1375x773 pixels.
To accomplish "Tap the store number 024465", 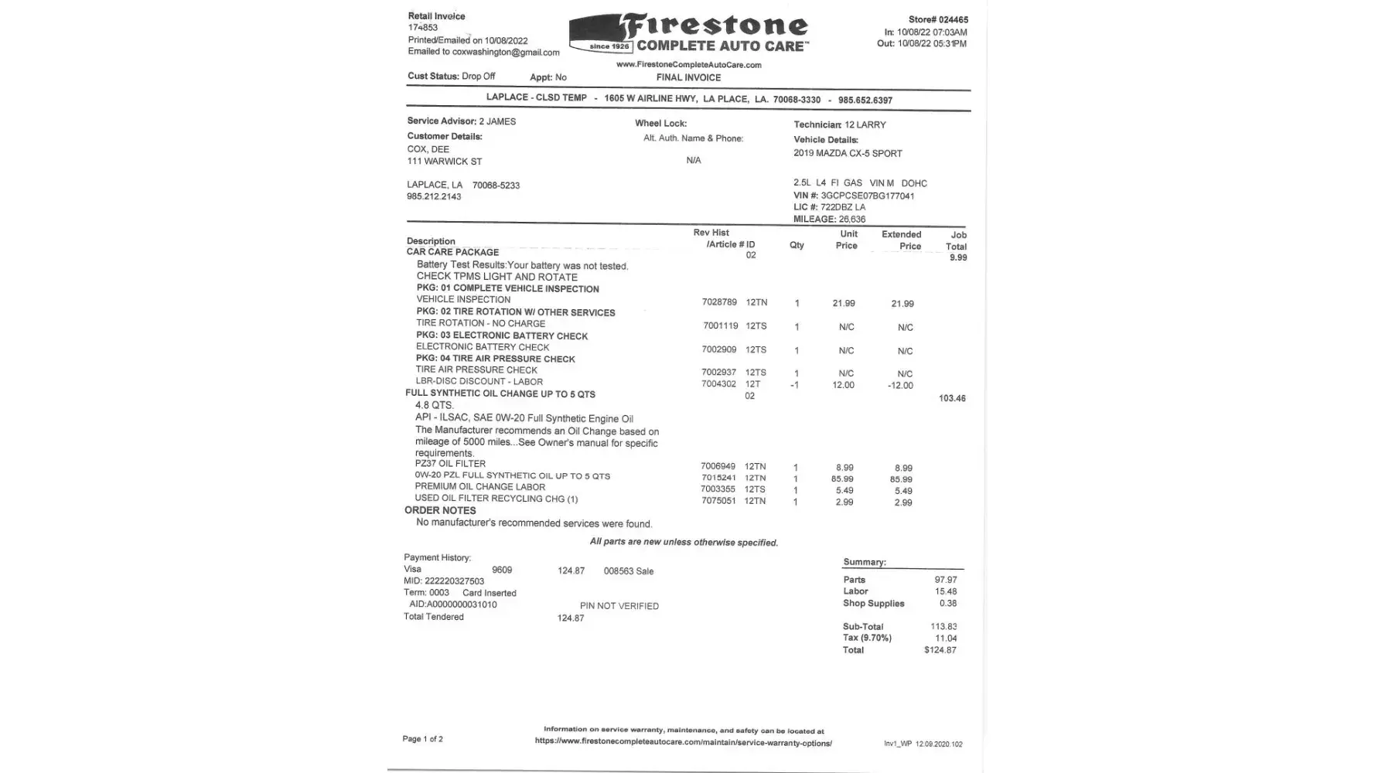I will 953,20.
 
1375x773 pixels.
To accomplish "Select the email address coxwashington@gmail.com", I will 506,53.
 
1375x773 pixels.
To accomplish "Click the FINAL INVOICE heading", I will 688,77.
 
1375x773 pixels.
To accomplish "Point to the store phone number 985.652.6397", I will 865,100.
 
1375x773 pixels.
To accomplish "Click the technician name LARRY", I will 872,124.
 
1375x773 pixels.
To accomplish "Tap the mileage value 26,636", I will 852,220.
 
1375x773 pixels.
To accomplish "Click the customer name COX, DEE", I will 428,149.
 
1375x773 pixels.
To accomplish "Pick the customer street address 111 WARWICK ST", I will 445,162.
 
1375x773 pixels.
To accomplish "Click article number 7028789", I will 719,302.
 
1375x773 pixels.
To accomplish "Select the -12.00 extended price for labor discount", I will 900,386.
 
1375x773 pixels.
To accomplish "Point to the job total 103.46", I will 952,399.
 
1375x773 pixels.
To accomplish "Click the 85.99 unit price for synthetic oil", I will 842,479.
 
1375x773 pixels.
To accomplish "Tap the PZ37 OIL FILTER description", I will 450,464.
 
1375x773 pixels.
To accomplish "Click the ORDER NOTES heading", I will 440,510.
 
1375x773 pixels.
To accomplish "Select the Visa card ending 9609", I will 502,570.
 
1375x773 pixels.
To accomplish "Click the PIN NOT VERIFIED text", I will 619,606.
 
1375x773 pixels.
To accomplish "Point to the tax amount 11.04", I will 946,638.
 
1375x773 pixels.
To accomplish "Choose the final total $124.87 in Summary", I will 940,650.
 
